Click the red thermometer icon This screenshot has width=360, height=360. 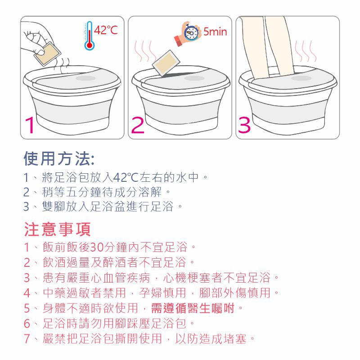[x=89, y=36]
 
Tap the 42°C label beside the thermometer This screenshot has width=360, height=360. [x=106, y=30]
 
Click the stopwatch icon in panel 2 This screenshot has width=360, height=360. [x=191, y=32]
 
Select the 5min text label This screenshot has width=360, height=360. [x=215, y=31]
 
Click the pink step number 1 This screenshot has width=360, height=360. [x=30, y=125]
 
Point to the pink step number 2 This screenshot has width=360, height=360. [x=138, y=125]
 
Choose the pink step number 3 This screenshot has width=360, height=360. [x=244, y=125]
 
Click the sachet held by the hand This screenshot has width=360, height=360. [x=48, y=54]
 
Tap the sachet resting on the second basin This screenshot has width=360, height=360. [x=166, y=63]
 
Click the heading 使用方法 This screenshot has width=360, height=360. [x=58, y=159]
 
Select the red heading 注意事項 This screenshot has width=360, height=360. [x=58, y=229]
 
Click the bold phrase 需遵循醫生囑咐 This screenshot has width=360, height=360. [x=193, y=308]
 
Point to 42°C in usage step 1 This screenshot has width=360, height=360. [x=126, y=177]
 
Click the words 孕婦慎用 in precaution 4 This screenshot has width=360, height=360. [x=162, y=293]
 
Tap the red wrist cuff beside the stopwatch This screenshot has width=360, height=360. [x=179, y=40]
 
